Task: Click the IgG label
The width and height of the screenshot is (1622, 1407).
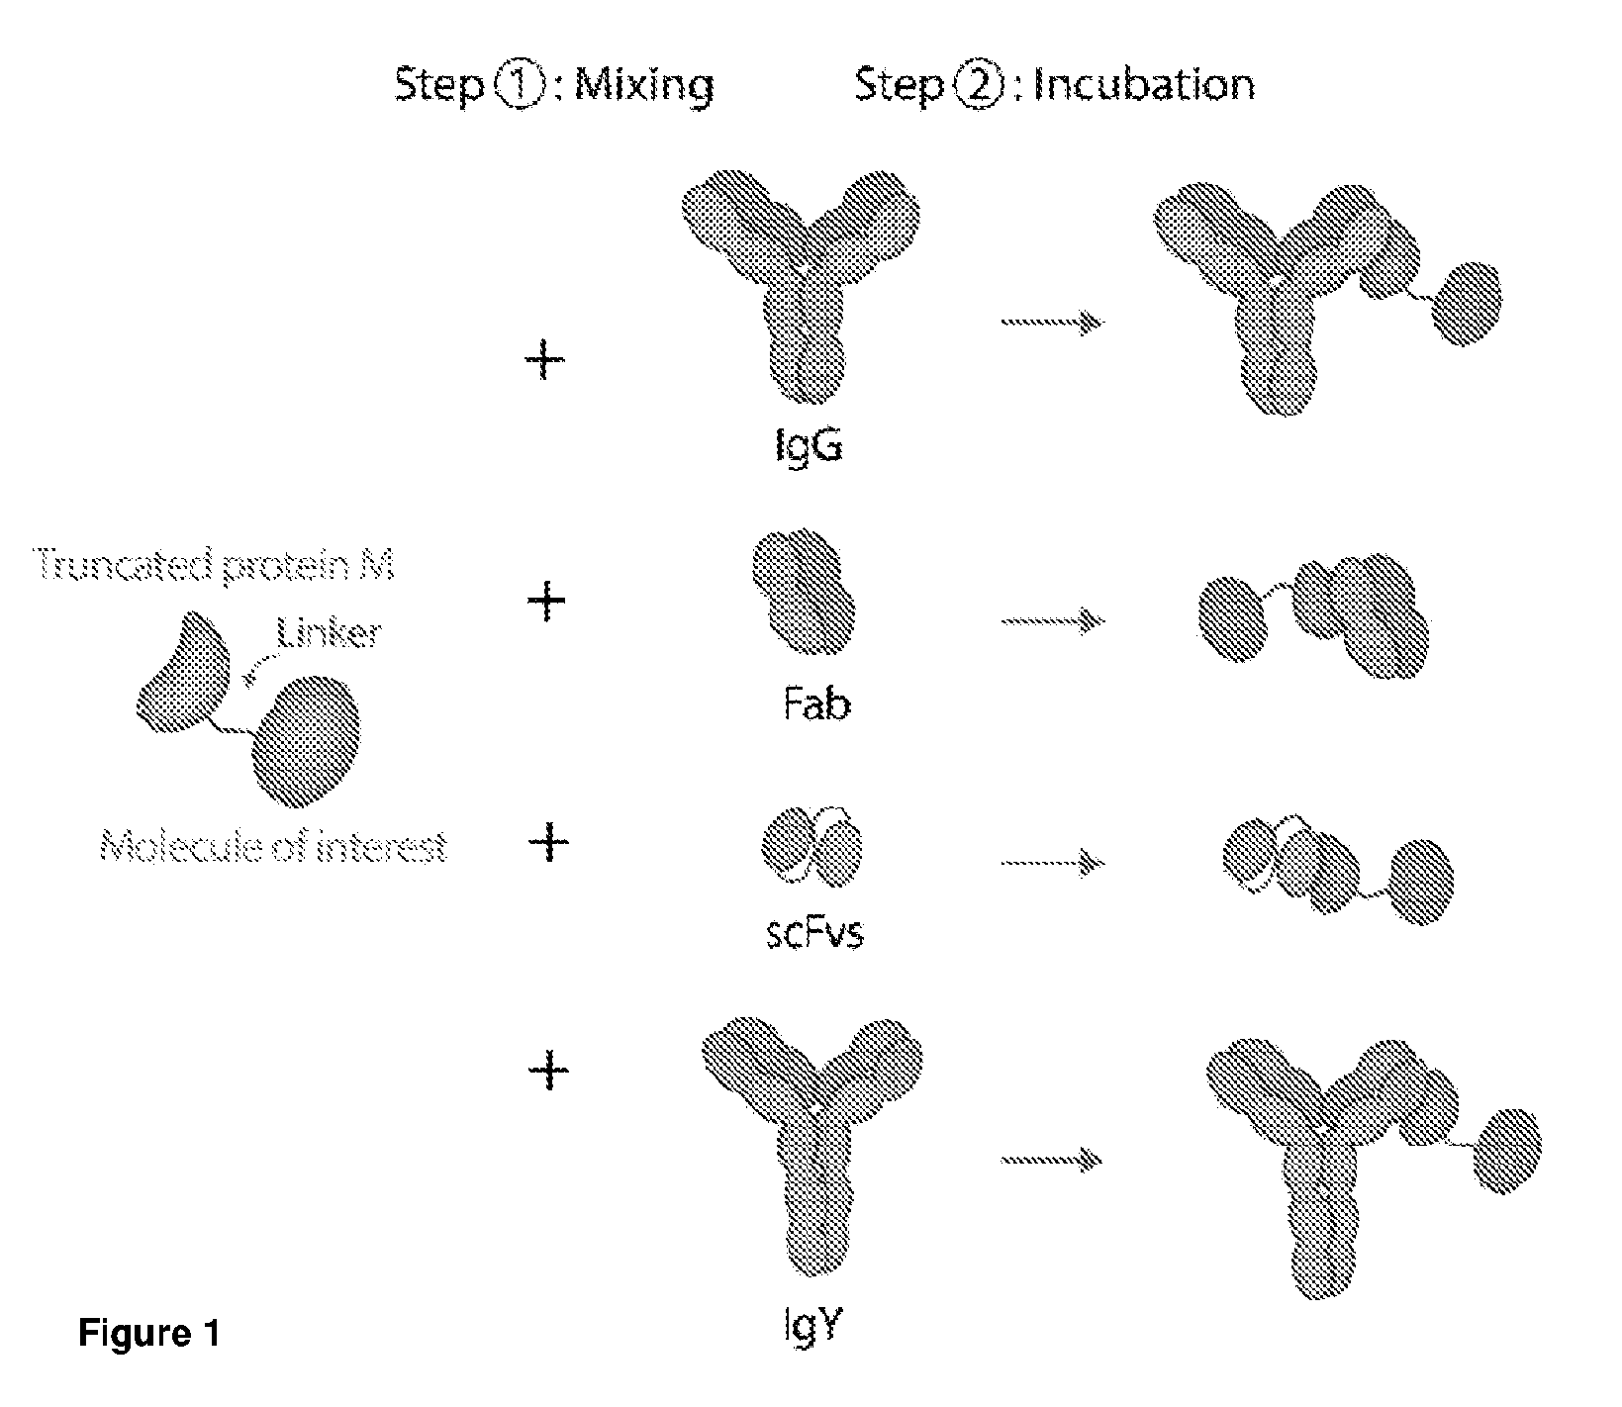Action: pyautogui.click(x=809, y=447)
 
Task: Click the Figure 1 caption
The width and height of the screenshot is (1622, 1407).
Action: pyautogui.click(x=148, y=1335)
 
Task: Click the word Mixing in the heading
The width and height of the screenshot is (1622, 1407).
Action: pyautogui.click(x=644, y=85)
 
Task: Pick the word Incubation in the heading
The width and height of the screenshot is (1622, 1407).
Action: pyautogui.click(x=1143, y=84)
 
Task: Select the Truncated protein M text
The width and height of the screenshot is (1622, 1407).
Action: pyautogui.click(x=215, y=566)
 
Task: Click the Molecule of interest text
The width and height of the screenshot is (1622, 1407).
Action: pyautogui.click(x=274, y=848)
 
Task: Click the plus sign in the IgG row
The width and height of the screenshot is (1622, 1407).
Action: pyautogui.click(x=544, y=360)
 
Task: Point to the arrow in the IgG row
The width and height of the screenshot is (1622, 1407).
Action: pyautogui.click(x=1052, y=322)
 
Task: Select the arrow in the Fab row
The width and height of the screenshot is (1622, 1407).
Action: pyautogui.click(x=1052, y=621)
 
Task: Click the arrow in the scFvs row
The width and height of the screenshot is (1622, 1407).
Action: pyautogui.click(x=1052, y=863)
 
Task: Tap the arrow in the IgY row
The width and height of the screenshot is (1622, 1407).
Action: pyautogui.click(x=1052, y=1159)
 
